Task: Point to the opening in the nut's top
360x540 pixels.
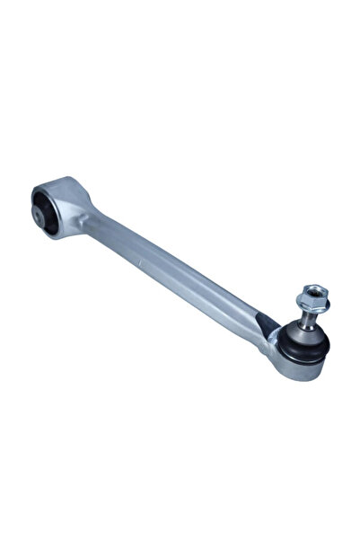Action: [315, 288]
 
